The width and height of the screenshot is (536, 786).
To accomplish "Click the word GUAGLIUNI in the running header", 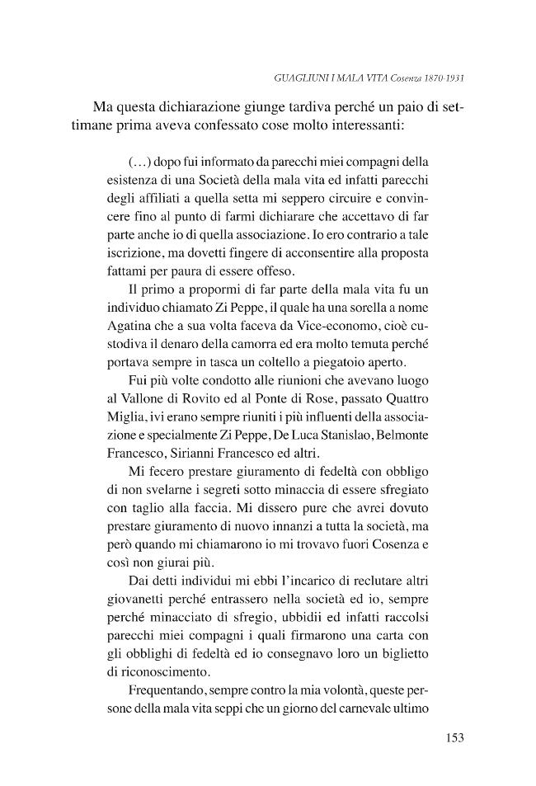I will tap(298, 80).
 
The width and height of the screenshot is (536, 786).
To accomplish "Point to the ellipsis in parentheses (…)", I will tap(139, 160).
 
